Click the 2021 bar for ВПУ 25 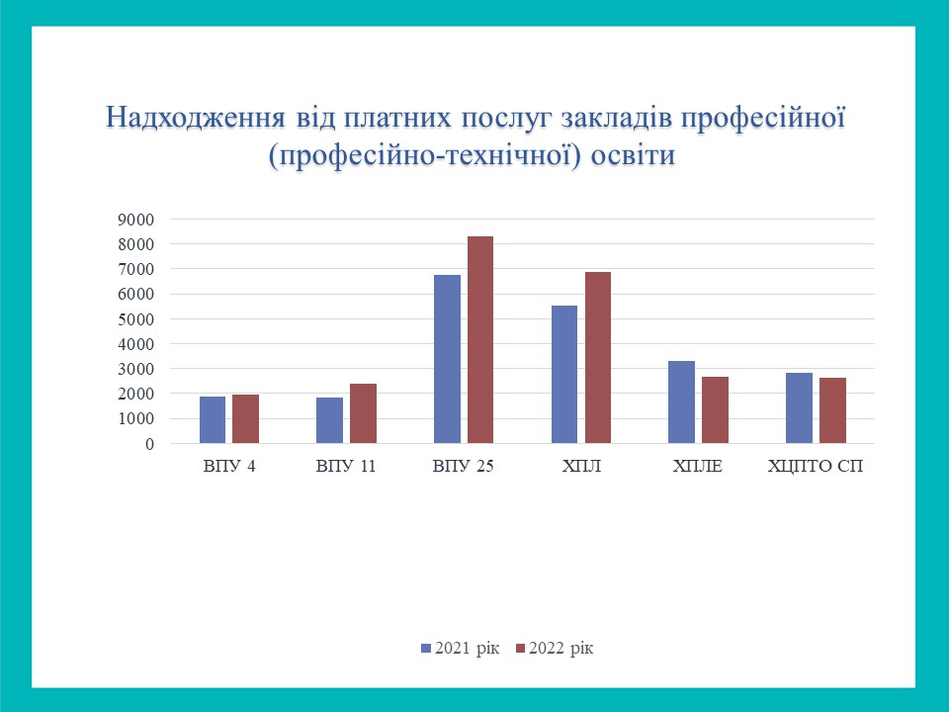(x=447, y=359)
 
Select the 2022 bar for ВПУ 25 (x=480, y=339)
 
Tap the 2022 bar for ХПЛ (x=598, y=358)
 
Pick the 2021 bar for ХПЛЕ (x=681, y=402)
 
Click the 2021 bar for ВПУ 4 (x=213, y=419)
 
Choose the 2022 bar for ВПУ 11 (x=363, y=413)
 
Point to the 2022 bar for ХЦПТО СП (x=832, y=410)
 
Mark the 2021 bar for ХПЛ (x=564, y=374)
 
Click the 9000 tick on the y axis (x=136, y=220)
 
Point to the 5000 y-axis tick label (x=136, y=319)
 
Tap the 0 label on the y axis (x=149, y=444)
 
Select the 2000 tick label (x=136, y=394)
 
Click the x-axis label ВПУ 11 (x=346, y=466)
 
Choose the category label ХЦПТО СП (x=816, y=466)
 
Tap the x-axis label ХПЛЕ (x=698, y=466)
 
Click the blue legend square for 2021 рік (x=426, y=649)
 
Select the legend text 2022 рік (x=561, y=648)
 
